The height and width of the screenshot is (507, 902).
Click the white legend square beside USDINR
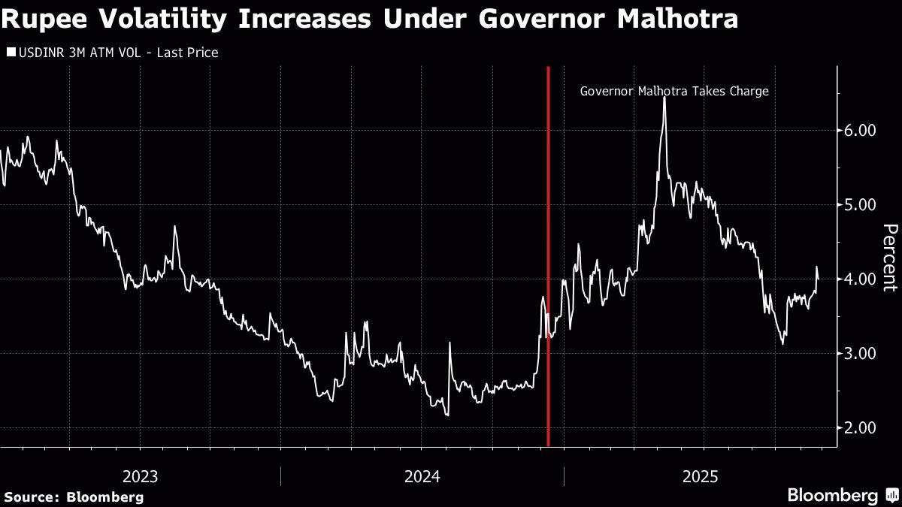tap(10, 53)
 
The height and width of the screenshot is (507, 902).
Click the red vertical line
tap(548, 255)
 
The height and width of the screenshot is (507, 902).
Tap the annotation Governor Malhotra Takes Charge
tap(674, 92)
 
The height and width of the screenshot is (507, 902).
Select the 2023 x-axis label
tap(140, 476)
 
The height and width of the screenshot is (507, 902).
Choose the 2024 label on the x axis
tap(422, 476)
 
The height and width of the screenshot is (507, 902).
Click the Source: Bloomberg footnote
tap(74, 496)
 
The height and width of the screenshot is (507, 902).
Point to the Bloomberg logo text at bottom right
tap(832, 496)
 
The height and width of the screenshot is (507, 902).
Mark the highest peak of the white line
tap(664, 98)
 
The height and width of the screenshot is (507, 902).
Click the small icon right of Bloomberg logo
tap(891, 496)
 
